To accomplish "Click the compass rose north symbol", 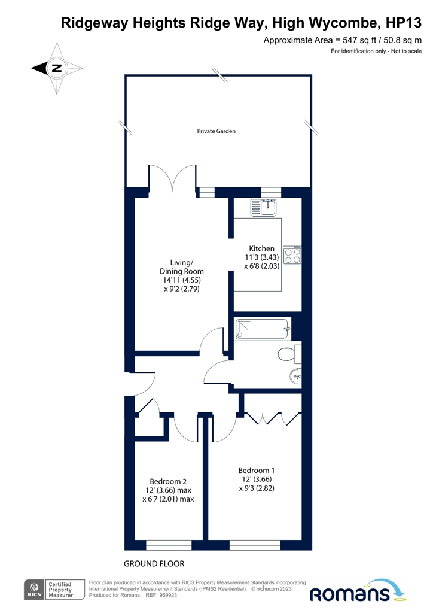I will point(56,68).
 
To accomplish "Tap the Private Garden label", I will point(216,131).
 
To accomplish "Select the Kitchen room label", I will point(261,248).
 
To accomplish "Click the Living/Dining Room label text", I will point(182,266).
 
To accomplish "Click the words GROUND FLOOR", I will point(154,563).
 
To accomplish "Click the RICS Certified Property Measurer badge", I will point(56,590).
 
